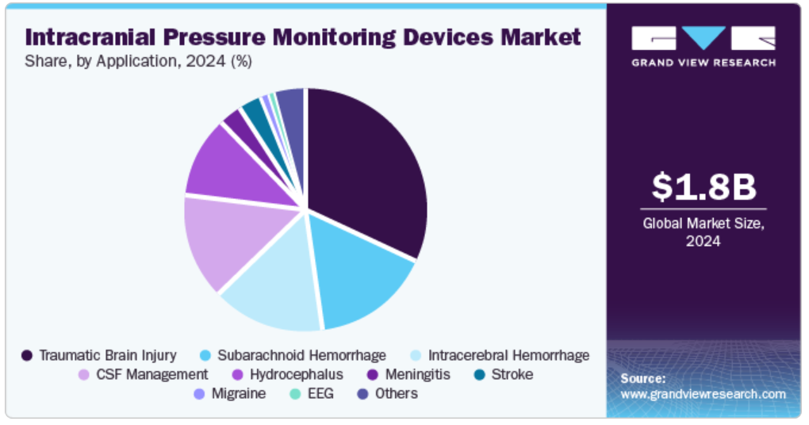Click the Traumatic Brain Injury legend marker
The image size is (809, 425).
pyautogui.click(x=27, y=355)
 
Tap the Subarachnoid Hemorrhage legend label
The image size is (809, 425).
pyautogui.click(x=302, y=355)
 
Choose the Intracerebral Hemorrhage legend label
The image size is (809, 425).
pyautogui.click(x=508, y=355)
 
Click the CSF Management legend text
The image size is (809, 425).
pyautogui.click(x=152, y=374)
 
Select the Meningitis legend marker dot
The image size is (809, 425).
pyautogui.click(x=372, y=375)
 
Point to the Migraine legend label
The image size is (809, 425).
pyautogui.click(x=239, y=393)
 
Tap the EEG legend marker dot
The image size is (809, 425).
pyautogui.click(x=295, y=394)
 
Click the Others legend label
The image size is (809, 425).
pyautogui.click(x=397, y=393)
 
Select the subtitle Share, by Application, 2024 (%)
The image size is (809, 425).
pyautogui.click(x=138, y=61)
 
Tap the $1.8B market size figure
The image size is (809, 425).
pyautogui.click(x=704, y=186)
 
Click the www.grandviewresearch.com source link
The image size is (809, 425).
pyautogui.click(x=704, y=395)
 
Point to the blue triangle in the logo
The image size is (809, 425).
pyautogui.click(x=704, y=36)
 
